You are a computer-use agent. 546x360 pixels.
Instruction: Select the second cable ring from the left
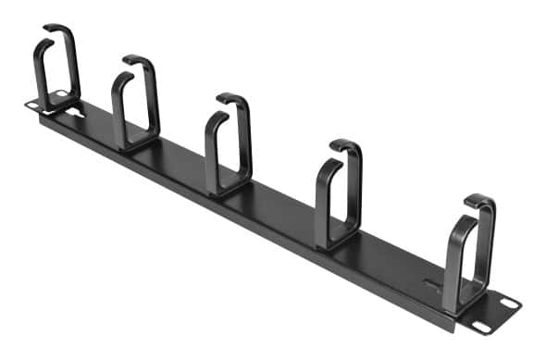click(136, 102)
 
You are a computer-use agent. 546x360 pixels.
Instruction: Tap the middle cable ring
click(229, 143)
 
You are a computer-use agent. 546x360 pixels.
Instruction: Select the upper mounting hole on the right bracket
click(506, 300)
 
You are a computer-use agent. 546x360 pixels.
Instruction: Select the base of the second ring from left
click(139, 143)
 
